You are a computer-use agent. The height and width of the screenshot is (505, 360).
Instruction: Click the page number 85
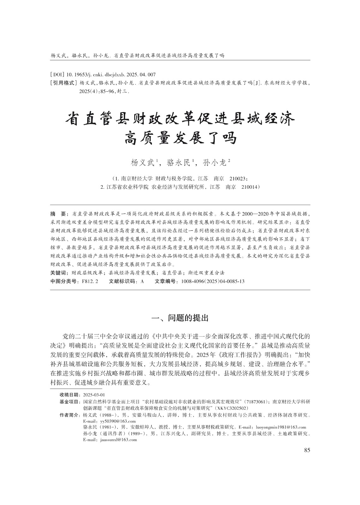307,450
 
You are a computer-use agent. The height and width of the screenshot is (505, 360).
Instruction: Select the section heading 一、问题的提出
180,318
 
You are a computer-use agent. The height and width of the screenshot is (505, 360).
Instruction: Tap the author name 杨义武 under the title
144,163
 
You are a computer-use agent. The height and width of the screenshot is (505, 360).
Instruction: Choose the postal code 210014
250,187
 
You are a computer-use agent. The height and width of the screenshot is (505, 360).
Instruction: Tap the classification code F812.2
90,281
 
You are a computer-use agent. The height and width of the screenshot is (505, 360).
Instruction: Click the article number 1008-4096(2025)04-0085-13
213,281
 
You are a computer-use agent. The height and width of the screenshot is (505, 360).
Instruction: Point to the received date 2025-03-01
94,395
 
